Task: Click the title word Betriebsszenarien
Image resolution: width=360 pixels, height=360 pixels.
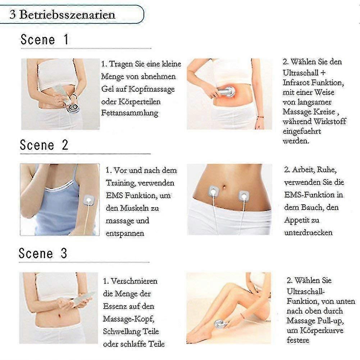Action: click(67, 14)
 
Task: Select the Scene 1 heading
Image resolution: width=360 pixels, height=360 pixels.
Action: click(45, 39)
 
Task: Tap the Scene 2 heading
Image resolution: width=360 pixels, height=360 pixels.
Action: click(44, 145)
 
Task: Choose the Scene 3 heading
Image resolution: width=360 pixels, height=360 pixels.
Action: click(43, 253)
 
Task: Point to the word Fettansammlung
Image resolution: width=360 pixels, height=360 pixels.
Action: click(130, 113)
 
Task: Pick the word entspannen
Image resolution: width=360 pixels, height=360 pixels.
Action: click(125, 233)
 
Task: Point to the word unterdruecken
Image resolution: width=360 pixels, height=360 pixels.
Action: click(308, 232)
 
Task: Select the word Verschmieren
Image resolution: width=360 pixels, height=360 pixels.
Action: click(134, 281)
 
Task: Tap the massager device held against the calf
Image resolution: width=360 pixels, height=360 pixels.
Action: click(220, 324)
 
